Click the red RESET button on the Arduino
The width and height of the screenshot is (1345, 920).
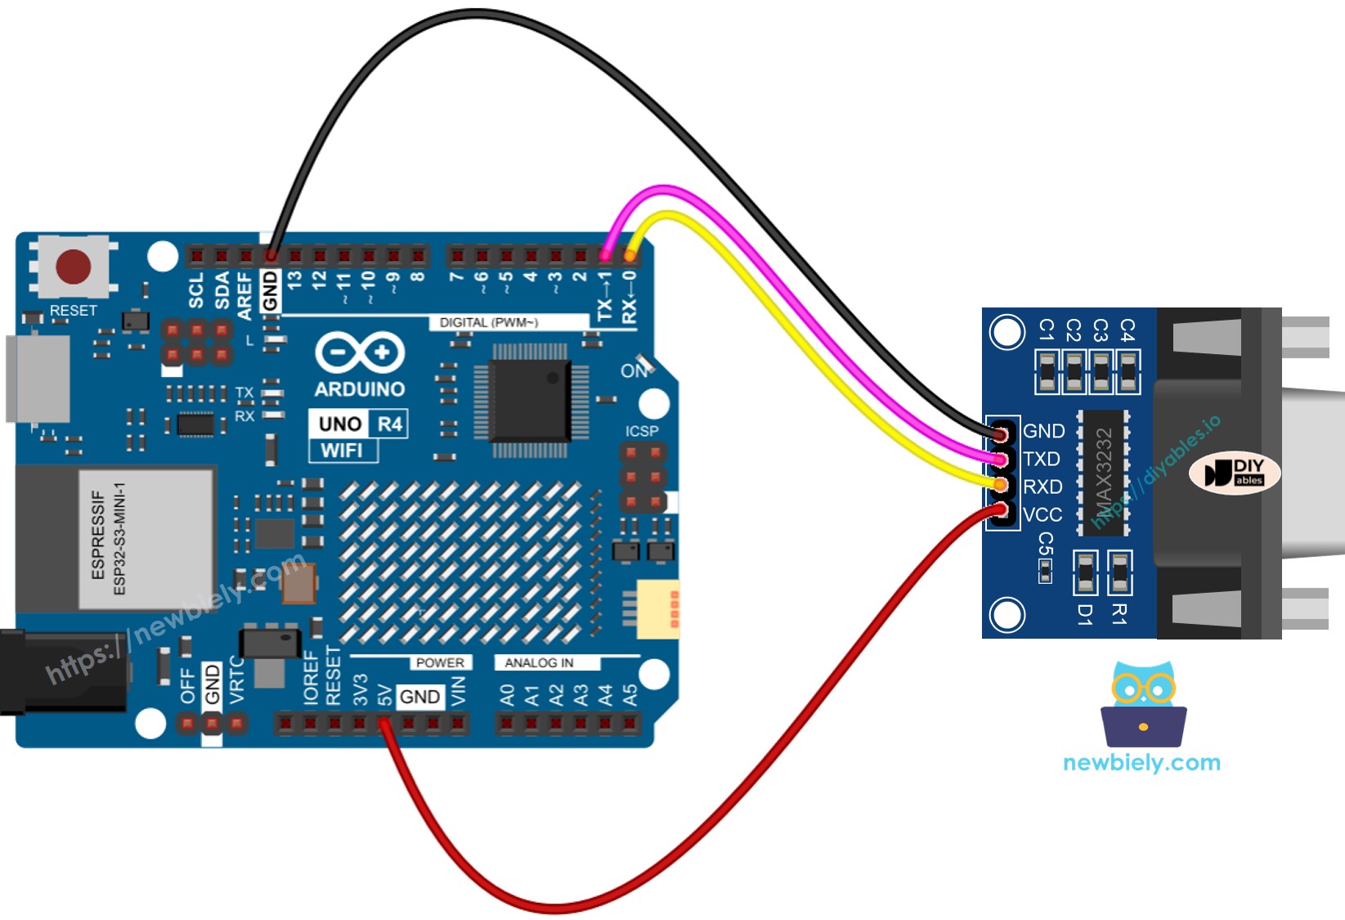[73, 267]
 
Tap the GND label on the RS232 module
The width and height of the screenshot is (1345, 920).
[1044, 431]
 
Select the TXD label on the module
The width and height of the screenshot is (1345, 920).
[1042, 459]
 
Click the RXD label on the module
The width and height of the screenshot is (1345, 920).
[1042, 487]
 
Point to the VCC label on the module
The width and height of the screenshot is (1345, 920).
[1042, 515]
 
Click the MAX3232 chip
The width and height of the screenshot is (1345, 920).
[1103, 473]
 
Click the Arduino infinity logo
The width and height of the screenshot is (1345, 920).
[360, 353]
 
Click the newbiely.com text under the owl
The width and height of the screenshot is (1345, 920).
[1141, 763]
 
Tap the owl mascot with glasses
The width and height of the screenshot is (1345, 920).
[1143, 703]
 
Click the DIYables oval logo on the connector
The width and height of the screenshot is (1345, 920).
[1235, 473]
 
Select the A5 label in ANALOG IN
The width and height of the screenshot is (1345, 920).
[630, 696]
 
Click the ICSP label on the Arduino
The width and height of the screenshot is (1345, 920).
[642, 431]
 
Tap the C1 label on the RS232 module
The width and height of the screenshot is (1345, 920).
[1047, 330]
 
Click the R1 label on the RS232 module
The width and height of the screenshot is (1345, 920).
[1120, 614]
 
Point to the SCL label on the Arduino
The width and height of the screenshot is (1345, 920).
[196, 290]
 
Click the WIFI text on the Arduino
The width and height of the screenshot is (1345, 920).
[342, 451]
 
